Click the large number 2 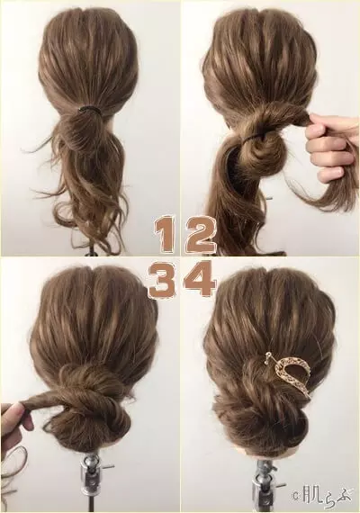pos(200,233)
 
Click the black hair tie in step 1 pos(88,109)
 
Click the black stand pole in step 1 pos(94,250)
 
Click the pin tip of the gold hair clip pos(269,354)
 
